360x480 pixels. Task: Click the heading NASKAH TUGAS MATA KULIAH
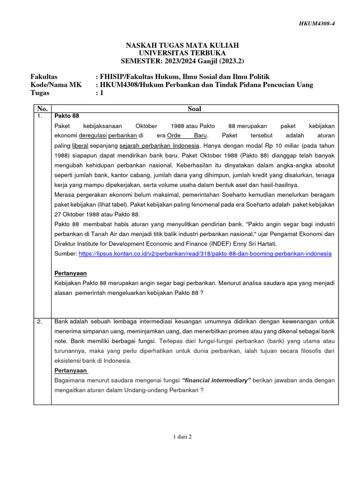pos(182,45)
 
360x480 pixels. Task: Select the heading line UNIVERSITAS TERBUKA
pos(182,53)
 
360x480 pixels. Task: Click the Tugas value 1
pos(100,93)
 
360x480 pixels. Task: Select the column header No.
pos(42,109)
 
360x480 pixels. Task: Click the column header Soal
pos(194,109)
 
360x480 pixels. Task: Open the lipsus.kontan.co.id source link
pos(205,254)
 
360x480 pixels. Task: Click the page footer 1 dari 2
pos(182,436)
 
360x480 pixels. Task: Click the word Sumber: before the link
pos(66,254)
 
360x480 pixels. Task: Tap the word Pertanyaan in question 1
pos(71,273)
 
